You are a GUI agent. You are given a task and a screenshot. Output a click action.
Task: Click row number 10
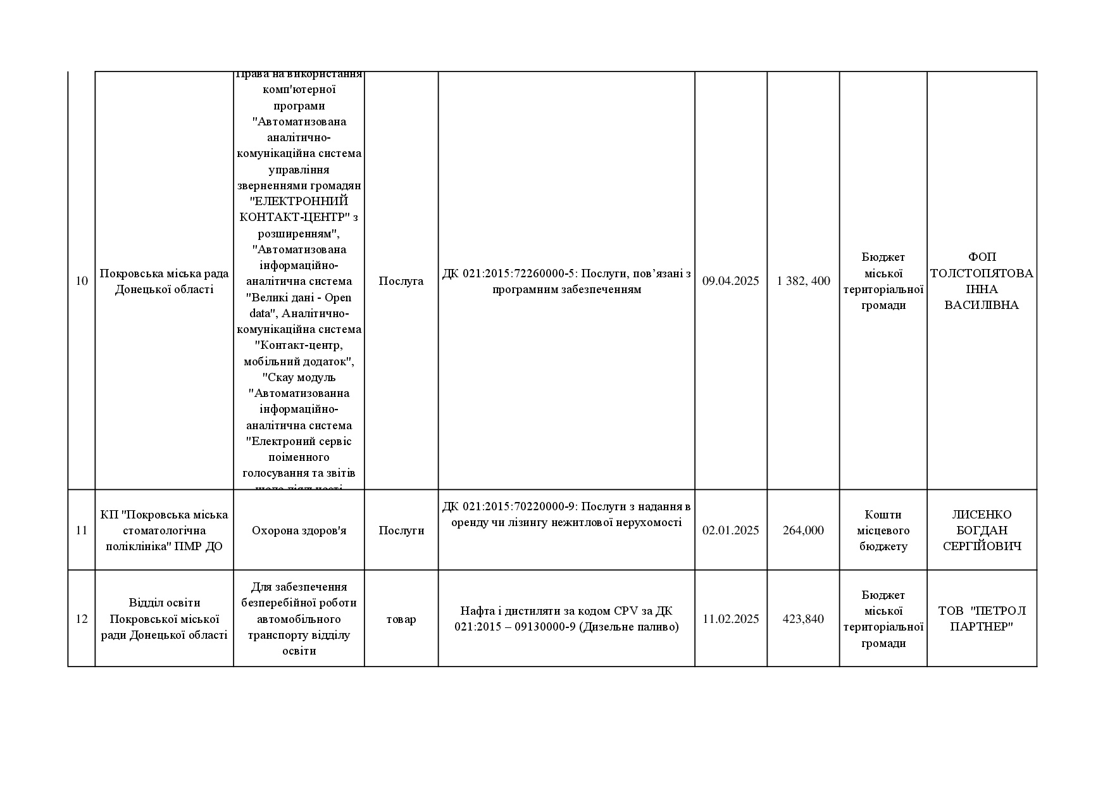pos(82,281)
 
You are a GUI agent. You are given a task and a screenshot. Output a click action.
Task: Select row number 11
pos(82,531)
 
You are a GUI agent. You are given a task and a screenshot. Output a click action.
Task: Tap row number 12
pos(82,619)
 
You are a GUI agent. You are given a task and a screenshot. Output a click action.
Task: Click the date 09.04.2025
pos(730,281)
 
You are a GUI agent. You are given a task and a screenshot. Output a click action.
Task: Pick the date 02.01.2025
pos(730,531)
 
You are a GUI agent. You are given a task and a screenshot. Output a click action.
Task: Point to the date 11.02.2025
pos(730,619)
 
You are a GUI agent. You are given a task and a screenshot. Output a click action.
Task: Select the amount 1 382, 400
pos(803,281)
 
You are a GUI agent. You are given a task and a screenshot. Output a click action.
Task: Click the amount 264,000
pos(803,531)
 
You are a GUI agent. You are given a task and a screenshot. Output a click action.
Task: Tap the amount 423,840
pos(803,619)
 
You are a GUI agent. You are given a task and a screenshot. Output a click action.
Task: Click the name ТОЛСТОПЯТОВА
pos(982,273)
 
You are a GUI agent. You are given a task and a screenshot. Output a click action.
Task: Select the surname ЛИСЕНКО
pos(982,515)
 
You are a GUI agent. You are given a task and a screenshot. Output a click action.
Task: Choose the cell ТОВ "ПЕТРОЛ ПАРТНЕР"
pos(982,619)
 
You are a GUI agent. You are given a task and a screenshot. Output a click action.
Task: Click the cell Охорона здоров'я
pos(299,531)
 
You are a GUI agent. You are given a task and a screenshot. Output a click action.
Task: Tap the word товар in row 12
pos(401,619)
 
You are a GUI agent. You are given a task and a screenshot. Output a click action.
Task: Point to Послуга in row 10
pos(401,281)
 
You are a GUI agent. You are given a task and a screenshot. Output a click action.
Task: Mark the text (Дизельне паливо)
pos(628,627)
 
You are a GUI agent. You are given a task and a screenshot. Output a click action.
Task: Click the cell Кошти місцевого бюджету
pos(883,531)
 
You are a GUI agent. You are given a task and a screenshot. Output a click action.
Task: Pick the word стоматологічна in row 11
pos(164,531)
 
